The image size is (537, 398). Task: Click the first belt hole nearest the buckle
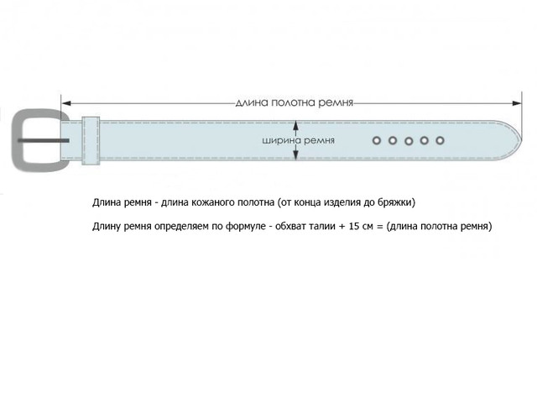(x=377, y=140)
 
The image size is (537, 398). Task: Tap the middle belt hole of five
(x=409, y=141)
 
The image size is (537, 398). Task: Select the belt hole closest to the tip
(x=440, y=140)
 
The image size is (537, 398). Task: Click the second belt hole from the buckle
(x=393, y=140)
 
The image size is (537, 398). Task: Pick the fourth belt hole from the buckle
(x=425, y=140)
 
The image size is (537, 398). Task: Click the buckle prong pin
(x=44, y=140)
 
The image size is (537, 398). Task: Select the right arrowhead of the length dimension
(x=517, y=103)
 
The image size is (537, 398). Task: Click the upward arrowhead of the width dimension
(x=296, y=125)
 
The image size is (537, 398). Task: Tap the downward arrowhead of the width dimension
(x=296, y=155)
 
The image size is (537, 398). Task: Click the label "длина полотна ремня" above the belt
(x=295, y=102)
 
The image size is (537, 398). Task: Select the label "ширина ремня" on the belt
(x=299, y=140)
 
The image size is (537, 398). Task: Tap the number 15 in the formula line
(x=353, y=226)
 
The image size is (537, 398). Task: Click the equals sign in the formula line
(x=379, y=227)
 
